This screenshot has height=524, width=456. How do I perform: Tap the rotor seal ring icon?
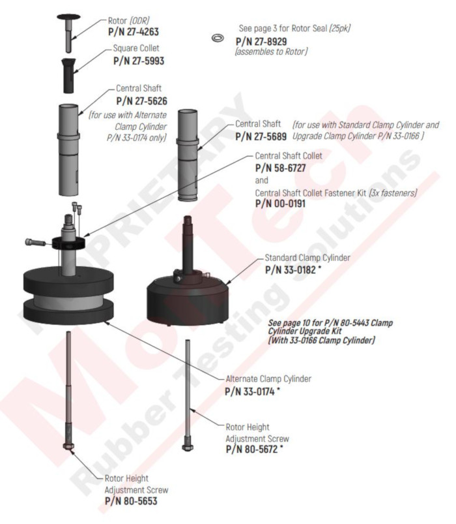[216, 39]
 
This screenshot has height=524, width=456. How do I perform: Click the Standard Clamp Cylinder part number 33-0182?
[294, 269]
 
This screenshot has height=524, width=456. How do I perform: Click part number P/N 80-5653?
[134, 501]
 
